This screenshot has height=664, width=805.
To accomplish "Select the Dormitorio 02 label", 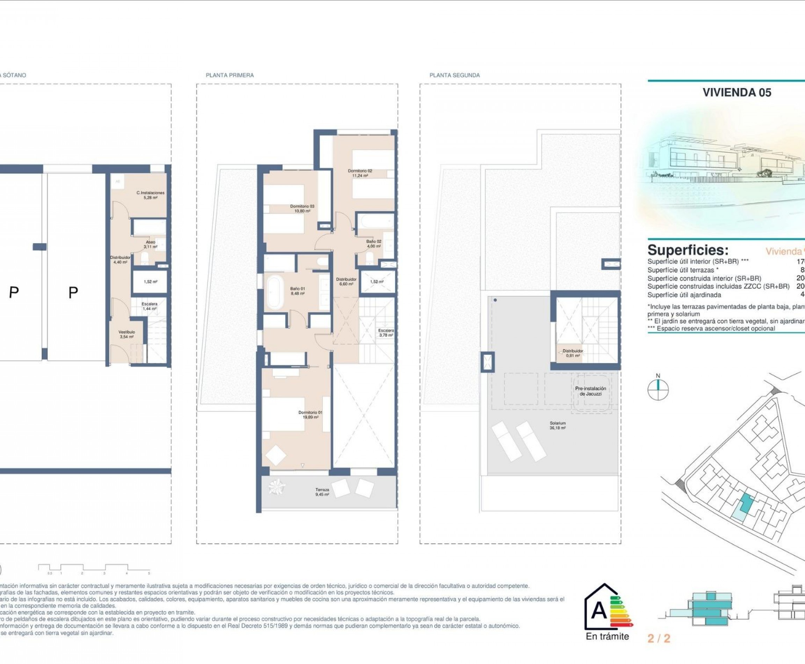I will point(360,173).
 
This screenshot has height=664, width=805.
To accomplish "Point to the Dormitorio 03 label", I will point(302,208).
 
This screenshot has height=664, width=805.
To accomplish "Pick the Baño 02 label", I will point(374,244).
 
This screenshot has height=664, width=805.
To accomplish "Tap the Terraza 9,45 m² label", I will point(322,492).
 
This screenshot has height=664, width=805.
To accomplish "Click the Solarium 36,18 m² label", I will point(558,426).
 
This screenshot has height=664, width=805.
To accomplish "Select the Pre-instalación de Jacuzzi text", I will point(590,391).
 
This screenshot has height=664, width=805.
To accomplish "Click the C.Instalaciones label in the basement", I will point(150,195).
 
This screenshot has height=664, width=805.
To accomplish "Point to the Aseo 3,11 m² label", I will point(150,244).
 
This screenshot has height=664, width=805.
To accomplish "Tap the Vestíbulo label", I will point(126,334).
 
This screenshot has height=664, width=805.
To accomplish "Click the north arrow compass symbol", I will point(658,390).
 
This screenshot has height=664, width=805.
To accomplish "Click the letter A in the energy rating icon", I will point(599,612).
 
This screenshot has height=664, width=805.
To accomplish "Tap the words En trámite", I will point(607,636).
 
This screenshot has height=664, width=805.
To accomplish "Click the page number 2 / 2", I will point(659,638).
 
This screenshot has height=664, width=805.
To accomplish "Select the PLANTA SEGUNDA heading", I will point(454,75).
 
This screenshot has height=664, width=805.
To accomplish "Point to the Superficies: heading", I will point(687,250).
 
